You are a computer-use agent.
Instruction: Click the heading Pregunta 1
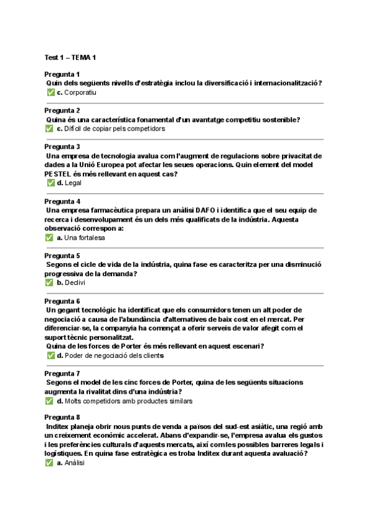point(62,74)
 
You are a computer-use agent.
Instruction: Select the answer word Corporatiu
point(80,92)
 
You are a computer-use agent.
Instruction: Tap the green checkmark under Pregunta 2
point(49,129)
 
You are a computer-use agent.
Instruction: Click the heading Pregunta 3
point(62,147)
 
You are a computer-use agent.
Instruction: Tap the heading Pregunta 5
point(62,256)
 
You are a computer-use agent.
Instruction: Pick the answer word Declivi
point(75,283)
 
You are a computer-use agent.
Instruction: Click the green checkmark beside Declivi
point(49,283)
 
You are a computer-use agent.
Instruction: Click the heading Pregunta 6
point(62,301)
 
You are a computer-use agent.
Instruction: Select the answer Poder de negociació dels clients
point(114,356)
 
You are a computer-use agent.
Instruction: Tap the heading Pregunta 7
point(62,374)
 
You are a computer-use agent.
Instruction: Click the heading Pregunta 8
point(62,419)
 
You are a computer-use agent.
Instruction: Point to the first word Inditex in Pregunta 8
point(59,428)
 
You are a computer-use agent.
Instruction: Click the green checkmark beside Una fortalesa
point(49,238)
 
